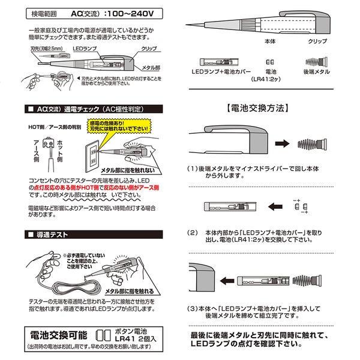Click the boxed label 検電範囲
[45, 13]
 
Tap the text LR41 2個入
[134, 338]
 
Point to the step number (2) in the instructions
[193, 231]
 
